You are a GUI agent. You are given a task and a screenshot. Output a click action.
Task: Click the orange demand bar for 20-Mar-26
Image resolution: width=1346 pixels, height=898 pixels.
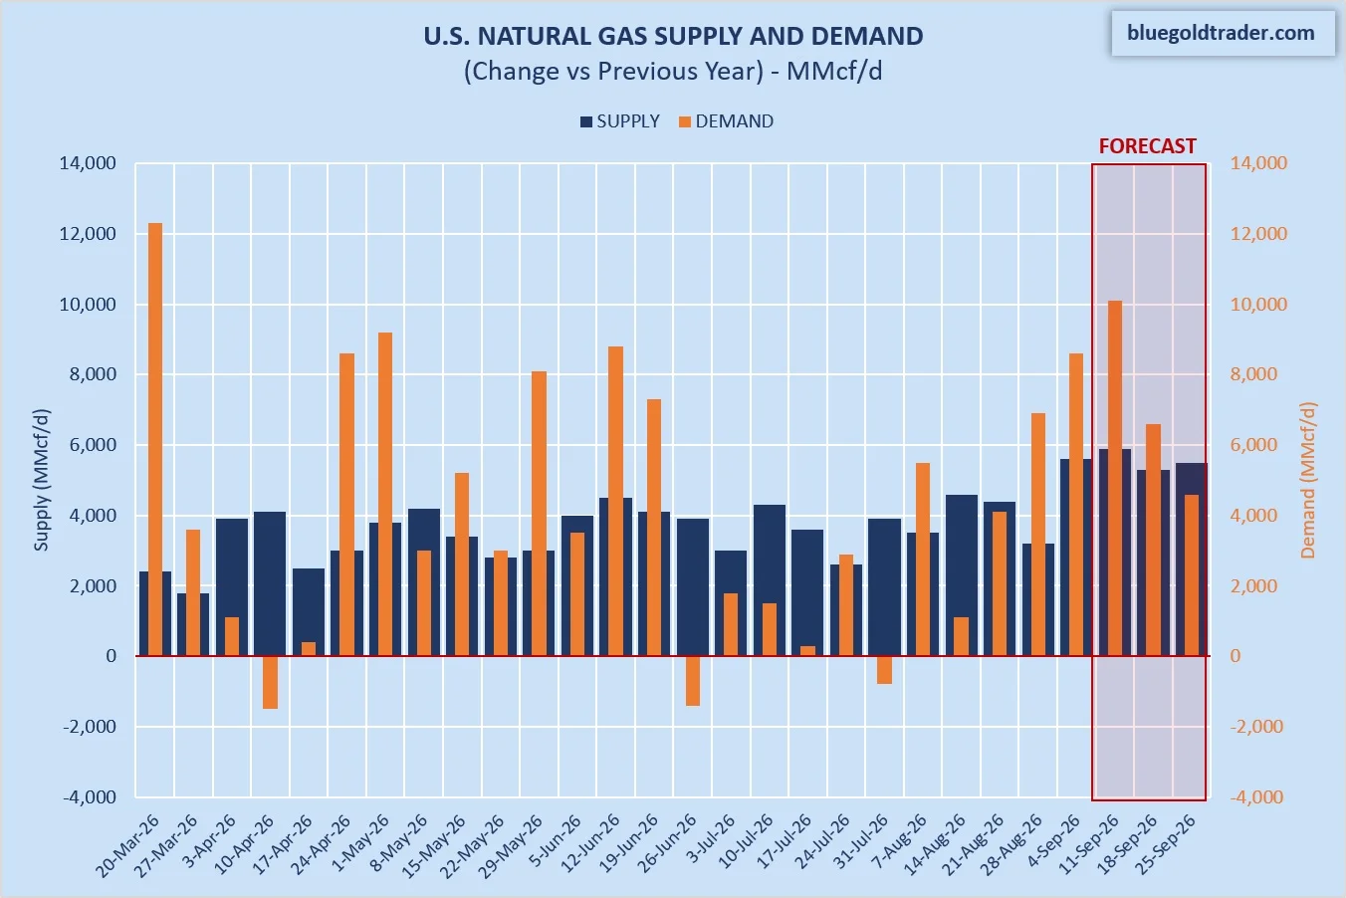click(x=155, y=439)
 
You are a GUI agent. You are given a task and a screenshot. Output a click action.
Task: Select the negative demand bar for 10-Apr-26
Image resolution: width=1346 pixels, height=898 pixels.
click(x=271, y=682)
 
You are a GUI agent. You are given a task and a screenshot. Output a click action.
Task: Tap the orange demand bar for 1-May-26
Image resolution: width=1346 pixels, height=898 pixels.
click(x=385, y=494)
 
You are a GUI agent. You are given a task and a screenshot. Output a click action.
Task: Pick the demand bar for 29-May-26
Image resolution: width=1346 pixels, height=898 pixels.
click(x=539, y=514)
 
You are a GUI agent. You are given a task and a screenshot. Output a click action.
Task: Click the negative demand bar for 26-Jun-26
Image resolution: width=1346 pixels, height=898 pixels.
click(x=693, y=680)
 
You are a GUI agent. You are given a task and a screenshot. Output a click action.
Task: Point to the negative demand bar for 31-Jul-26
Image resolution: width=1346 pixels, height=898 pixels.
click(x=884, y=670)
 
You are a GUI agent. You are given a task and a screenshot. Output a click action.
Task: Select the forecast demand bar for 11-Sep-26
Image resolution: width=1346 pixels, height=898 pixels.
click(x=1115, y=478)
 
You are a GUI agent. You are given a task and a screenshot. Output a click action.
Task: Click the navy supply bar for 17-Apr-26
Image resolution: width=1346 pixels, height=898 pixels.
click(x=309, y=612)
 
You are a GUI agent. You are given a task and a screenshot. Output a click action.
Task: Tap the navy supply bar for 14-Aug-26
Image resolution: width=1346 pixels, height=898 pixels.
click(x=962, y=575)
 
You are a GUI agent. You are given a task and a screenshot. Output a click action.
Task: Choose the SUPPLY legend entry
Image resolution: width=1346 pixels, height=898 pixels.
click(x=620, y=121)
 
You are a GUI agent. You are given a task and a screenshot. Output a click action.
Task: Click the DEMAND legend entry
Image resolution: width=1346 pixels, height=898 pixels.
click(x=726, y=121)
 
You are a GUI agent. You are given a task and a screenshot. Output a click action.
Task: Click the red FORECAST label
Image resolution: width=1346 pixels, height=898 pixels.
click(x=1147, y=146)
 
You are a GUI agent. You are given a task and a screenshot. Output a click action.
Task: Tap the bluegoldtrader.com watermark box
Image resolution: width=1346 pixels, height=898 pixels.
click(x=1223, y=33)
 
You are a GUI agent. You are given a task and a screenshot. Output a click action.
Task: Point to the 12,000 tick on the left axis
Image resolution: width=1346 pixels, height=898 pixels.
click(x=88, y=234)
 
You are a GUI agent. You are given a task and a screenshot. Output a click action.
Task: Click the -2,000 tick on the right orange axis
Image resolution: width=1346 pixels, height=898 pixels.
click(x=1258, y=726)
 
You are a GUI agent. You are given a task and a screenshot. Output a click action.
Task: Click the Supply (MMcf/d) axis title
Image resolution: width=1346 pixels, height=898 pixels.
click(x=41, y=480)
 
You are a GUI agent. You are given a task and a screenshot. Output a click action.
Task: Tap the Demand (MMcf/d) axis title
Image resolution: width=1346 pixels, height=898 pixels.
click(x=1308, y=480)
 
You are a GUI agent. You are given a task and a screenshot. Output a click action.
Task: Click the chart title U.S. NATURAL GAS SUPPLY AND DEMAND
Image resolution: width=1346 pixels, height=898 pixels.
click(x=673, y=36)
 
